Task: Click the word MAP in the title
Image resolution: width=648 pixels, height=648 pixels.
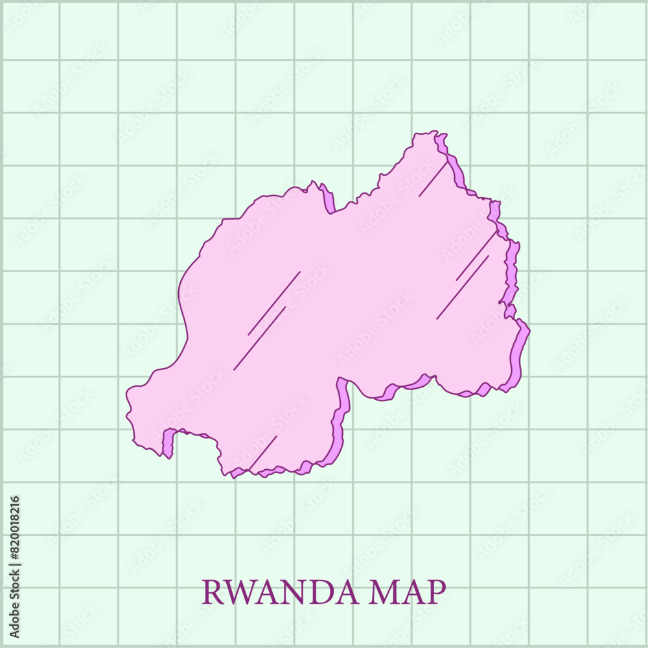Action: tap(407, 592)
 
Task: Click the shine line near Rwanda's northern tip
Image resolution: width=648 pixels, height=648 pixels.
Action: tap(433, 179)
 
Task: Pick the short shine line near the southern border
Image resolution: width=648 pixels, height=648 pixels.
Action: tap(262, 452)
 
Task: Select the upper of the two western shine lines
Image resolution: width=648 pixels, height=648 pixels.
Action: tap(274, 303)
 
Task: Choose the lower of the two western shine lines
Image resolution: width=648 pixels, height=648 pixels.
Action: tap(260, 338)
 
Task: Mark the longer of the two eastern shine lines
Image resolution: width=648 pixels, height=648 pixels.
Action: tap(463, 287)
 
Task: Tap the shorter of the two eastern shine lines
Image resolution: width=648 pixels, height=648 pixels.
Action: tap(476, 257)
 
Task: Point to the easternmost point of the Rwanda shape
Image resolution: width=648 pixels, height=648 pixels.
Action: tap(529, 331)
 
